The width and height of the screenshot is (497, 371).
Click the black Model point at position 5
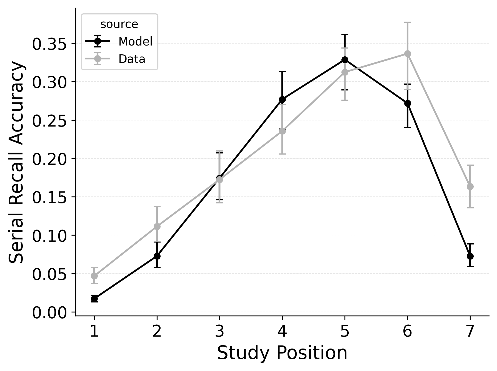(345, 60)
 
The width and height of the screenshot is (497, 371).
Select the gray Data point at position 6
(408, 54)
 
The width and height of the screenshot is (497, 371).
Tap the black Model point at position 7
(470, 256)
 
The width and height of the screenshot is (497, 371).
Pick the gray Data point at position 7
(470, 187)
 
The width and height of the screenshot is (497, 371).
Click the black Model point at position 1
(94, 299)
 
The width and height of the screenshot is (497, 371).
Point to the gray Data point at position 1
(94, 276)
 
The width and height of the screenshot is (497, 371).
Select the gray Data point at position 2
(157, 227)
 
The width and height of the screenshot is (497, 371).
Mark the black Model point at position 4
(282, 99)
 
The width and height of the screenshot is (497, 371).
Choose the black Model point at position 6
(408, 103)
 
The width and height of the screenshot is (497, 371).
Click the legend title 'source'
(119, 24)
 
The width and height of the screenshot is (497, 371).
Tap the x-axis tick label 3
(219, 331)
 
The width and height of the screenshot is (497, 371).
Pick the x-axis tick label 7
(470, 331)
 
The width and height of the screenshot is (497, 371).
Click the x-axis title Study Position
(282, 353)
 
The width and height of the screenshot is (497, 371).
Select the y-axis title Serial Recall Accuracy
(17, 162)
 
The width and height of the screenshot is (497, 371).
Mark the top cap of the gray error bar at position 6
(408, 22)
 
